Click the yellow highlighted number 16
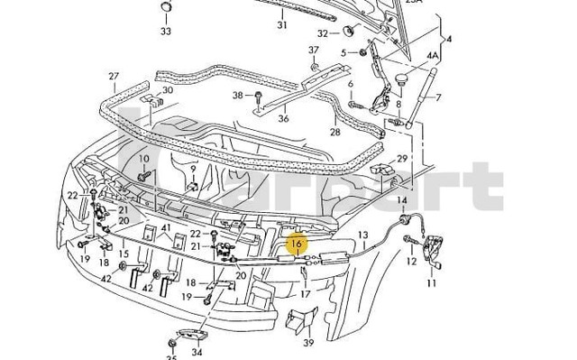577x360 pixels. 297,244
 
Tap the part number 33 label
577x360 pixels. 166,31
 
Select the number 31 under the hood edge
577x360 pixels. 281,25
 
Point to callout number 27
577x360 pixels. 114,76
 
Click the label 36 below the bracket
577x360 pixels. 258,117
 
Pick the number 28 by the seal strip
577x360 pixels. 334,132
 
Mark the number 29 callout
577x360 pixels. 402,159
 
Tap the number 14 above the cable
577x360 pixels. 402,200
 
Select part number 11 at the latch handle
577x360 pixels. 431,283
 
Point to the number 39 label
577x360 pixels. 307,343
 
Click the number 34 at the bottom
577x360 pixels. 197,353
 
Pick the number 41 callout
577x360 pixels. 166,228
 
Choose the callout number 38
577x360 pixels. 238,95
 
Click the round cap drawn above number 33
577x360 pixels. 166,8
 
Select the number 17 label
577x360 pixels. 305,293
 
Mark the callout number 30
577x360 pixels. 168,92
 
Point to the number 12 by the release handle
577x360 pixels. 411,262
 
